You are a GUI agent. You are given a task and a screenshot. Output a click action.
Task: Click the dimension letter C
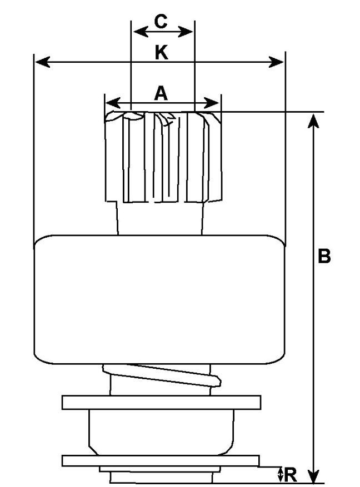tap(161, 22)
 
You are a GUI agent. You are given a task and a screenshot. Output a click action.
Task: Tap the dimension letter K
tap(161, 53)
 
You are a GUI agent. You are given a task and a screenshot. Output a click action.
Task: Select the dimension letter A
tap(161, 93)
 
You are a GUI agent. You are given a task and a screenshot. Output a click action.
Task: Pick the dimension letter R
tap(291, 475)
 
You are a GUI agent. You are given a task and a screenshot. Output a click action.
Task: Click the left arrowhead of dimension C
tap(136, 31)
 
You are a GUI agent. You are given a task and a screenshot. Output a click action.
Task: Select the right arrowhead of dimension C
tap(189, 31)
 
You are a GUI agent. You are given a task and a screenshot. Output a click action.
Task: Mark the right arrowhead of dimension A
tap(214, 103)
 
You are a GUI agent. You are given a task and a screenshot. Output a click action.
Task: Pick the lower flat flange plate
tap(161, 460)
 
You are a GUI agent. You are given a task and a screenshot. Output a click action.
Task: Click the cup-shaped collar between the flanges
tap(161, 430)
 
